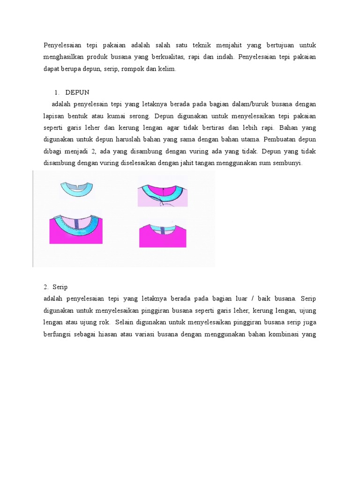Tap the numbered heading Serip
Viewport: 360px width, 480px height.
60,286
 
